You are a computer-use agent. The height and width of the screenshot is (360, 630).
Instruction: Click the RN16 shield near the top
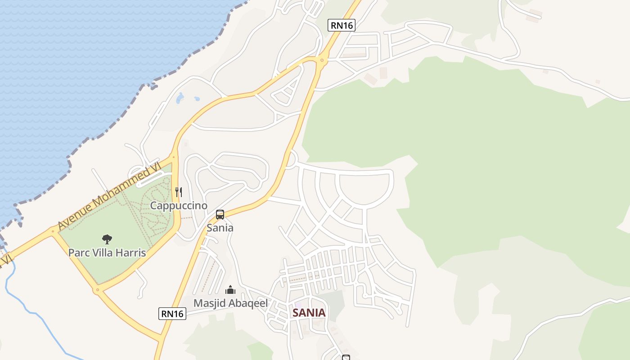pos(342,25)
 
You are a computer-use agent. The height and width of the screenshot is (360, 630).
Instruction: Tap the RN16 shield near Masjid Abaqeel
pos(172,313)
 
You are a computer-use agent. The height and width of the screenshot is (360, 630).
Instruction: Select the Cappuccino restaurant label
pos(179,206)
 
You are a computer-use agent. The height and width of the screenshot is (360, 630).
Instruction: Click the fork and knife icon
pos(179,192)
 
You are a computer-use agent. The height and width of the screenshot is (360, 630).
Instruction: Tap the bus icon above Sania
pos(220,215)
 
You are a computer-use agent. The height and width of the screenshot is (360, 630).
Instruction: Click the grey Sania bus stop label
pos(220,228)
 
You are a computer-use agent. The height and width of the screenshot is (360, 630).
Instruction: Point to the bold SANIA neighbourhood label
pos(309,312)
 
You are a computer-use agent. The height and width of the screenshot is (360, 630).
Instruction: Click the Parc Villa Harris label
pos(107,252)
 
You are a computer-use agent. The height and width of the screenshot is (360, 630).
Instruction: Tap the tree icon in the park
pos(107,239)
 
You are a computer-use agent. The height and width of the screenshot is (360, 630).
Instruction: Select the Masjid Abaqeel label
pos(230,303)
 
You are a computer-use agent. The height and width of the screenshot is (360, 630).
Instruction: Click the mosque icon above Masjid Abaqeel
pos(230,289)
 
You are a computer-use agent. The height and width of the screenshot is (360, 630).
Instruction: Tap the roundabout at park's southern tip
pos(97,290)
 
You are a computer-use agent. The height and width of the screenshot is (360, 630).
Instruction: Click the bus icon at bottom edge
pos(346,357)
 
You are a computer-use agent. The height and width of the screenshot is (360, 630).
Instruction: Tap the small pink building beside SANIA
pos(298,306)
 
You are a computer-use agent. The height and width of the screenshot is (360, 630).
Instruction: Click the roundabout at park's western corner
pos(53,231)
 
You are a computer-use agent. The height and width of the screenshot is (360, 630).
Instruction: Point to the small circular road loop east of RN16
pos(291,159)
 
